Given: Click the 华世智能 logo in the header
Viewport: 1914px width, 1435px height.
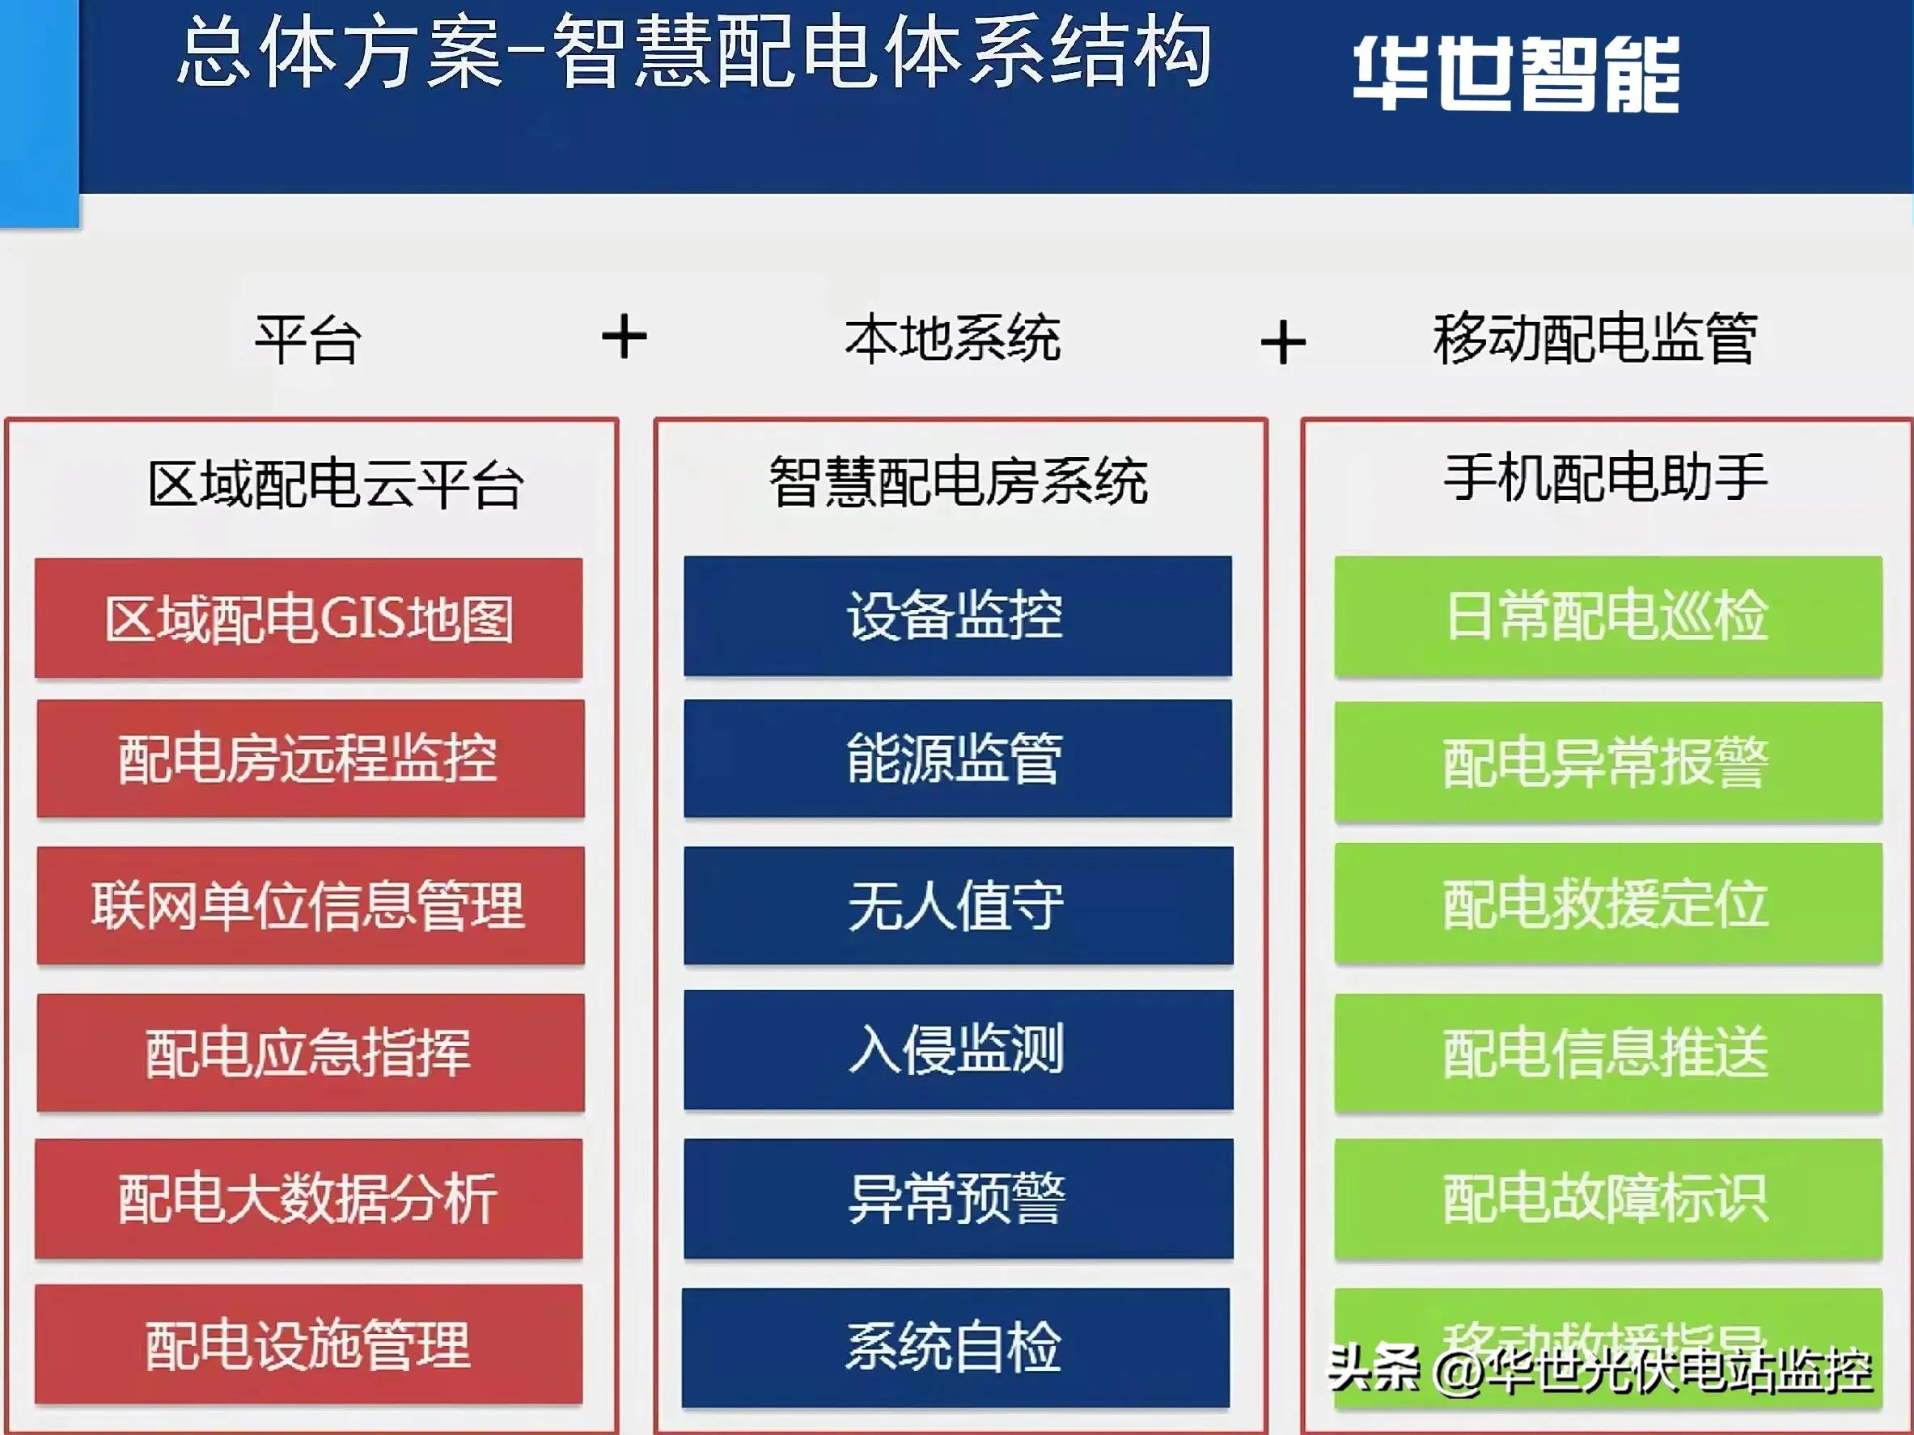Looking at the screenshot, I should pos(1515,74).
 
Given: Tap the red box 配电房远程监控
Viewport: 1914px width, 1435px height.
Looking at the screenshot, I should pos(310,759).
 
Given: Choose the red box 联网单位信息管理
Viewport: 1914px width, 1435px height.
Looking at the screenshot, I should pos(310,905).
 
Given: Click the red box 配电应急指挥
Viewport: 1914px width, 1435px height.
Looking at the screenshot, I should pos(310,1052).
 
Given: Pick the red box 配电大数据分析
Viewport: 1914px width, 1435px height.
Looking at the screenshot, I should pos(309,1198).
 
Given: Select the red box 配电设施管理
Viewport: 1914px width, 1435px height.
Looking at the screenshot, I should pos(309,1344).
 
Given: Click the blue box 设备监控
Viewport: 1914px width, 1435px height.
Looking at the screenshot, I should pos(957,615).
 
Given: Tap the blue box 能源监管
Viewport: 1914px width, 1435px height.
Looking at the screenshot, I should pos(957,759).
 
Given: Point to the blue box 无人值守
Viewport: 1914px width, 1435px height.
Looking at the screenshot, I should pos(958,905).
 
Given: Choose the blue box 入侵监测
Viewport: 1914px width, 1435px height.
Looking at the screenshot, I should pos(958,1049).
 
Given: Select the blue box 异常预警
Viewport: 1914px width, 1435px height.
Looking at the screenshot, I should pos(958,1198).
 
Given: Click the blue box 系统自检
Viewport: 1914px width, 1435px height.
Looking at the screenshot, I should pos(955,1347).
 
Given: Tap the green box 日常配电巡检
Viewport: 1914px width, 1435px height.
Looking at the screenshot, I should pos(1607,616).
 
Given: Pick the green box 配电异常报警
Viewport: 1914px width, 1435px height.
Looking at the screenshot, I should pos(1607,761).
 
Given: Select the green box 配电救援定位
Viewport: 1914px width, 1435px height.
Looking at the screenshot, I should pos(1607,904).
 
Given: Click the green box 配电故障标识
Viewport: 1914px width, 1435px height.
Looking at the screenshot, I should pos(1607,1198).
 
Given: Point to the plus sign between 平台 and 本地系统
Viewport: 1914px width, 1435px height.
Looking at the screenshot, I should pos(624,337).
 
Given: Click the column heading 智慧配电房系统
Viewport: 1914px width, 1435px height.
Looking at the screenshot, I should pos(958,481).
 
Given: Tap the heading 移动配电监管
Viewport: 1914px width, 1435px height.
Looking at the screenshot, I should pos(1594,338).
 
